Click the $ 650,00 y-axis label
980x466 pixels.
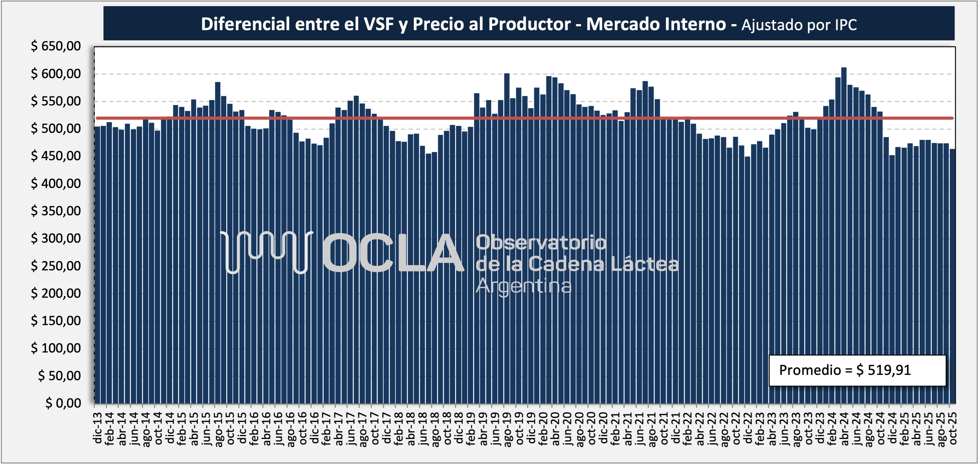click(x=56, y=46)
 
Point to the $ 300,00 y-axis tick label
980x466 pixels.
click(x=56, y=238)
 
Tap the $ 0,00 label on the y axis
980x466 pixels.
click(x=63, y=403)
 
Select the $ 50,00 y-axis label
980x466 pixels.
click(x=59, y=375)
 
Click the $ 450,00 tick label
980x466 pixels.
click(x=56, y=156)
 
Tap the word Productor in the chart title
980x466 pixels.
click(x=530, y=24)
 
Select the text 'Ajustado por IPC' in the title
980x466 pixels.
click(x=799, y=25)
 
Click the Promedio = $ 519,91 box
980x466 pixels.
click(x=857, y=370)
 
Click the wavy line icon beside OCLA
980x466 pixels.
click(x=266, y=251)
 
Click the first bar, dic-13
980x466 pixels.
click(x=97, y=267)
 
